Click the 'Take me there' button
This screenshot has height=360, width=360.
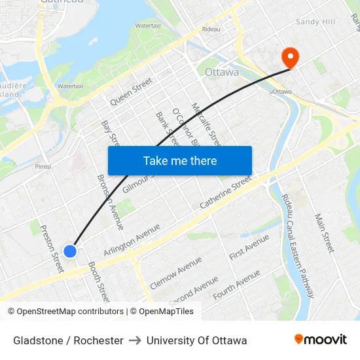[180, 161]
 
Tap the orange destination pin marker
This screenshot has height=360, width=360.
[289, 57]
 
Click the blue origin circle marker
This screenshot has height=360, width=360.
[70, 251]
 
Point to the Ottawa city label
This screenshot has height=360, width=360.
[222, 72]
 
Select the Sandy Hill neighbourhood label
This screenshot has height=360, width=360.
[315, 22]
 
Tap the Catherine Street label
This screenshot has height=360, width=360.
[226, 192]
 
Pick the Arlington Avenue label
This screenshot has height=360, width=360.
[132, 240]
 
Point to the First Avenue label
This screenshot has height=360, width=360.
[249, 246]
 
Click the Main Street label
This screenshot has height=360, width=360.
[324, 233]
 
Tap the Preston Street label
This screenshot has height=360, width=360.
[52, 249]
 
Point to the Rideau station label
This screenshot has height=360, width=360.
[211, 29]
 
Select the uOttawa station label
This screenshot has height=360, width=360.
[280, 92]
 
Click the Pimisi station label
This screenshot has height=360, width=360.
[43, 167]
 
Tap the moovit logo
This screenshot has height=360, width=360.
[321, 340]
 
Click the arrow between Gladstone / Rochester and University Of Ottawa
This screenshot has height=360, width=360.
[135, 340]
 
